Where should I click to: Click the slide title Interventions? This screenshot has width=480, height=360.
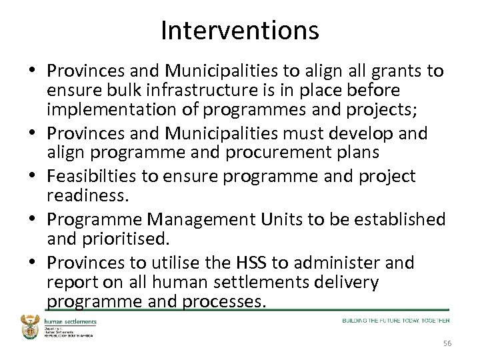click(240, 30)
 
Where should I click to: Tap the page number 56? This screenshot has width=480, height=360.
click(446, 343)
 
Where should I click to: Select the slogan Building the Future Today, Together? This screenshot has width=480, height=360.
click(396, 321)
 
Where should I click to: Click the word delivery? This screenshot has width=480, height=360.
click(339, 282)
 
